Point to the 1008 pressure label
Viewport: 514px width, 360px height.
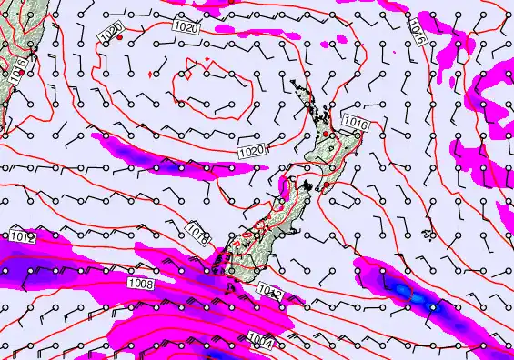[141, 285]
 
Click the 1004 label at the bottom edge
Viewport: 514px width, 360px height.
[258, 342]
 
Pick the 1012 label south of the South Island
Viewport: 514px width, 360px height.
[268, 291]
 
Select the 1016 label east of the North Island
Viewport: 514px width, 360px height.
[355, 121]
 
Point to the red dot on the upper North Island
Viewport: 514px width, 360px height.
[326, 134]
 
